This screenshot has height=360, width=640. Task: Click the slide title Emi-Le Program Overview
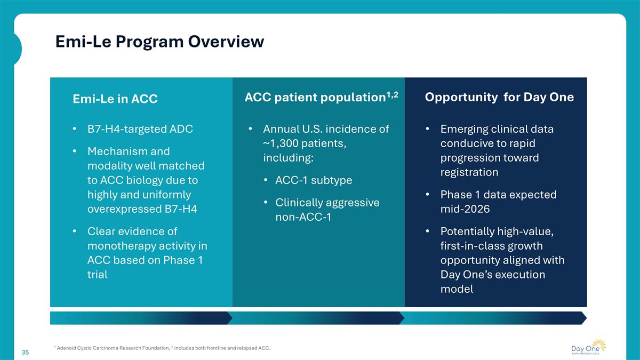coord(159,42)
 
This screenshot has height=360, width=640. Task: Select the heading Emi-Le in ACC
coord(115,99)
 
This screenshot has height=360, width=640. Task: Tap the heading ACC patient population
coord(314,98)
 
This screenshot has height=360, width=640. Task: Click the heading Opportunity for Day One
coord(499,97)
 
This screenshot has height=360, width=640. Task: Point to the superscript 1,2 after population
coord(393,94)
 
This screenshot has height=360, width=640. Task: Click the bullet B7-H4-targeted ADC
coord(140,129)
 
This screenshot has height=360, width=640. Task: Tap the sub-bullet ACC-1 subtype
coord(314,180)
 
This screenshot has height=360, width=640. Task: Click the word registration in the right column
coord(469,172)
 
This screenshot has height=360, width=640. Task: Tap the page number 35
coord(25,352)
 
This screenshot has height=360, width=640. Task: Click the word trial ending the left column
coord(98,275)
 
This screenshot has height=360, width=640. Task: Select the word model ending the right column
coord(457,289)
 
